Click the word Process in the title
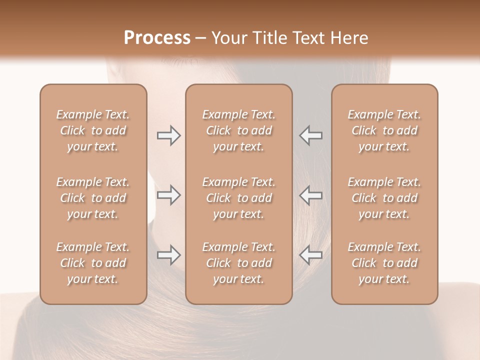point(157,38)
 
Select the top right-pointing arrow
point(168,135)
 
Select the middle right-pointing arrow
point(168,195)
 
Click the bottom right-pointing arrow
point(168,255)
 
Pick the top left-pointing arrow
point(311,135)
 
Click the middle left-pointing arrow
point(311,195)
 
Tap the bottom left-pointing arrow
point(311,255)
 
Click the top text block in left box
point(93,130)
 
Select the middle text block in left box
point(93,198)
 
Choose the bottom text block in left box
point(93,263)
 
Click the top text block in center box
point(239,130)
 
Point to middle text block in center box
point(239,198)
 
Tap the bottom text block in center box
point(239,263)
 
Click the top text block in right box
point(384,130)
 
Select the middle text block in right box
point(384,198)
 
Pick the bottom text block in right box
point(384,263)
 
